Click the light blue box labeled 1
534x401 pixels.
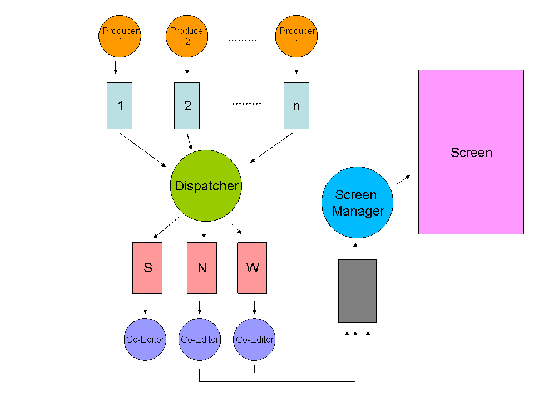click(120, 106)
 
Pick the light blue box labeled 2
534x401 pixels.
click(187, 106)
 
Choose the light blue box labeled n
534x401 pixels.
click(296, 106)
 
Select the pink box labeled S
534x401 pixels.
click(147, 268)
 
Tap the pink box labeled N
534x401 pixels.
click(202, 268)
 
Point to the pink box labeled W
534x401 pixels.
click(251, 268)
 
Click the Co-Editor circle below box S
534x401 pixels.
click(145, 339)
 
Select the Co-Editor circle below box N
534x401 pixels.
click(200, 339)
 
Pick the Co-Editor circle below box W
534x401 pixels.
click(254, 339)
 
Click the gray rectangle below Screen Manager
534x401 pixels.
click(357, 291)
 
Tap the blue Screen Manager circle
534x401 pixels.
click(358, 203)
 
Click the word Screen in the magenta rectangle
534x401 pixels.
click(471, 153)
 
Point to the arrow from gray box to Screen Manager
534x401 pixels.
click(356, 249)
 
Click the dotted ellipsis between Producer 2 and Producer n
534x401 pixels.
click(243, 41)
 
